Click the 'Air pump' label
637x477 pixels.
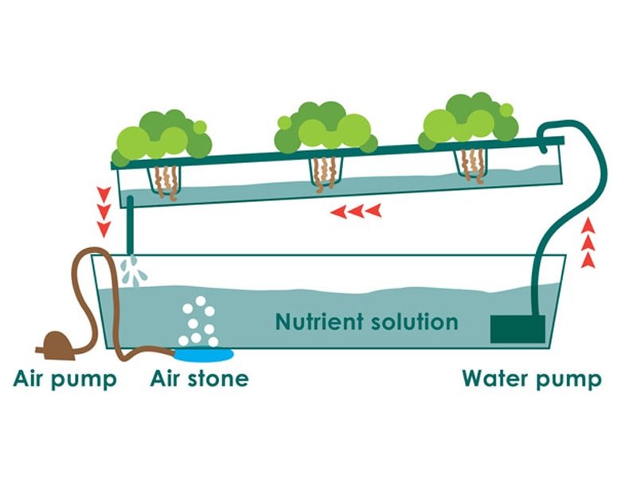tap(65, 378)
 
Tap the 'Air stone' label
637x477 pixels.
tap(199, 378)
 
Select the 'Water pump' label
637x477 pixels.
tap(531, 378)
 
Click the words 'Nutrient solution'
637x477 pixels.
tap(366, 322)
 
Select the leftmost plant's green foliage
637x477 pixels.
tap(164, 137)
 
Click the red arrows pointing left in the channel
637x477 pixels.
tap(355, 211)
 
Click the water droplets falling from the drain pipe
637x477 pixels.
tap(137, 270)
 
